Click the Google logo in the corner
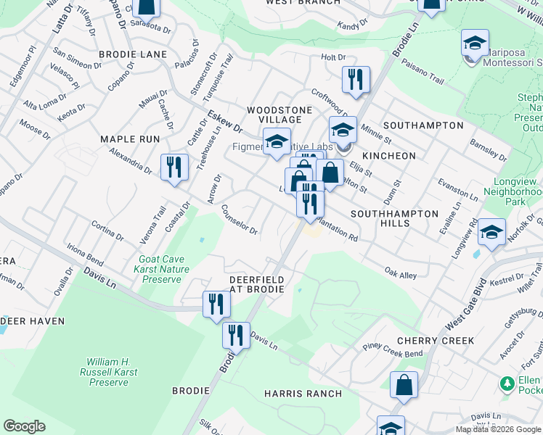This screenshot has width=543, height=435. (25, 426)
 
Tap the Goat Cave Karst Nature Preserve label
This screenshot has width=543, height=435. (164, 269)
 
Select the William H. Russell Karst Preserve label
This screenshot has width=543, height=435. (107, 370)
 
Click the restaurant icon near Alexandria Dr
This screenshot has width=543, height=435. (174, 168)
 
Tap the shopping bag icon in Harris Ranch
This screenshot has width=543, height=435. (404, 386)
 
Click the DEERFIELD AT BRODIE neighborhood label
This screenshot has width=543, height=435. (259, 283)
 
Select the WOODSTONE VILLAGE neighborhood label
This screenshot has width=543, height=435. (279, 115)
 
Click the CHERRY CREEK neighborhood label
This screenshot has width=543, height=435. (436, 341)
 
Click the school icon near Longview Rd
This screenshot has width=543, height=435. (492, 232)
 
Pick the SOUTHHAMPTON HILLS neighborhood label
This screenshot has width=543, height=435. (395, 219)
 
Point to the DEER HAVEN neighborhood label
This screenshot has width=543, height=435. (32, 320)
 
